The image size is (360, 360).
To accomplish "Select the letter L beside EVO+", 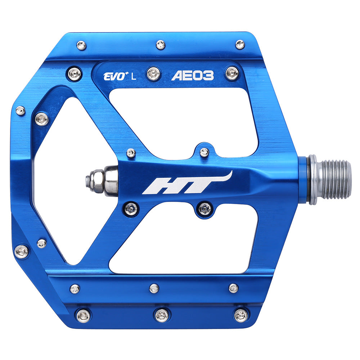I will point(134,76).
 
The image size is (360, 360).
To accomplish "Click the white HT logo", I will point(187,184).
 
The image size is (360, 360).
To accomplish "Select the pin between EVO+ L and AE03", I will point(153,74).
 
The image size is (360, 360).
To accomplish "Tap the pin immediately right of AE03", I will point(232,73).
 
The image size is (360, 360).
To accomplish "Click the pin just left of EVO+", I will point(75,74).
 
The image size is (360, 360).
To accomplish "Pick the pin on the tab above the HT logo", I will point(204,152).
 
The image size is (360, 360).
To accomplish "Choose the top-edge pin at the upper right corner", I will point(240,44).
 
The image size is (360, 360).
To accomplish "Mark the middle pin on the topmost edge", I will point(161,45).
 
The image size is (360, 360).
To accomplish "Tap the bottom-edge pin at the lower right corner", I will point(240,315).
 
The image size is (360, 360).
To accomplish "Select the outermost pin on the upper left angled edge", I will point(21,111).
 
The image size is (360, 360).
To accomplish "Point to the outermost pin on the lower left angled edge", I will point(22,251).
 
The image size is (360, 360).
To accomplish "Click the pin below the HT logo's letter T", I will point(205,208).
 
